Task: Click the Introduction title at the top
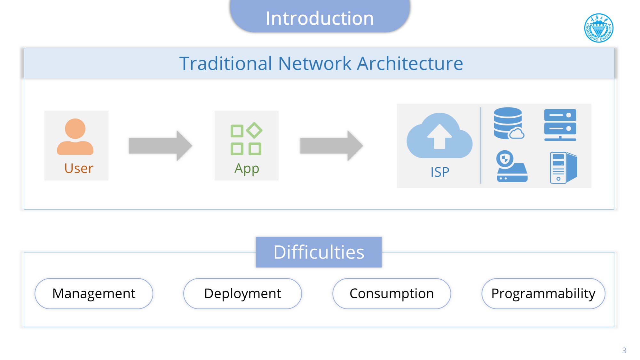click(x=320, y=18)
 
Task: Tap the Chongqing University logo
click(x=598, y=28)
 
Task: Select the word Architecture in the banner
click(x=410, y=63)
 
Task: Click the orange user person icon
click(x=75, y=137)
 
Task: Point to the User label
click(x=79, y=168)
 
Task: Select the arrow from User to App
click(x=160, y=146)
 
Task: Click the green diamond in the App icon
click(x=255, y=130)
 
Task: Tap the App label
click(x=247, y=169)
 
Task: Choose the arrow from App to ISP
click(x=331, y=146)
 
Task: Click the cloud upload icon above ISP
click(x=439, y=136)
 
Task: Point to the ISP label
click(x=440, y=172)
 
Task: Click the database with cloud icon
click(x=509, y=123)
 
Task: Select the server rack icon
click(x=560, y=125)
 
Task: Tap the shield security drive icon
click(x=511, y=167)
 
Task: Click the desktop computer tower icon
click(x=563, y=167)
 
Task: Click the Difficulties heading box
click(x=319, y=252)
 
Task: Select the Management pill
click(x=94, y=293)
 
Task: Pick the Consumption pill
click(x=391, y=293)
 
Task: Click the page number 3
click(x=624, y=350)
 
